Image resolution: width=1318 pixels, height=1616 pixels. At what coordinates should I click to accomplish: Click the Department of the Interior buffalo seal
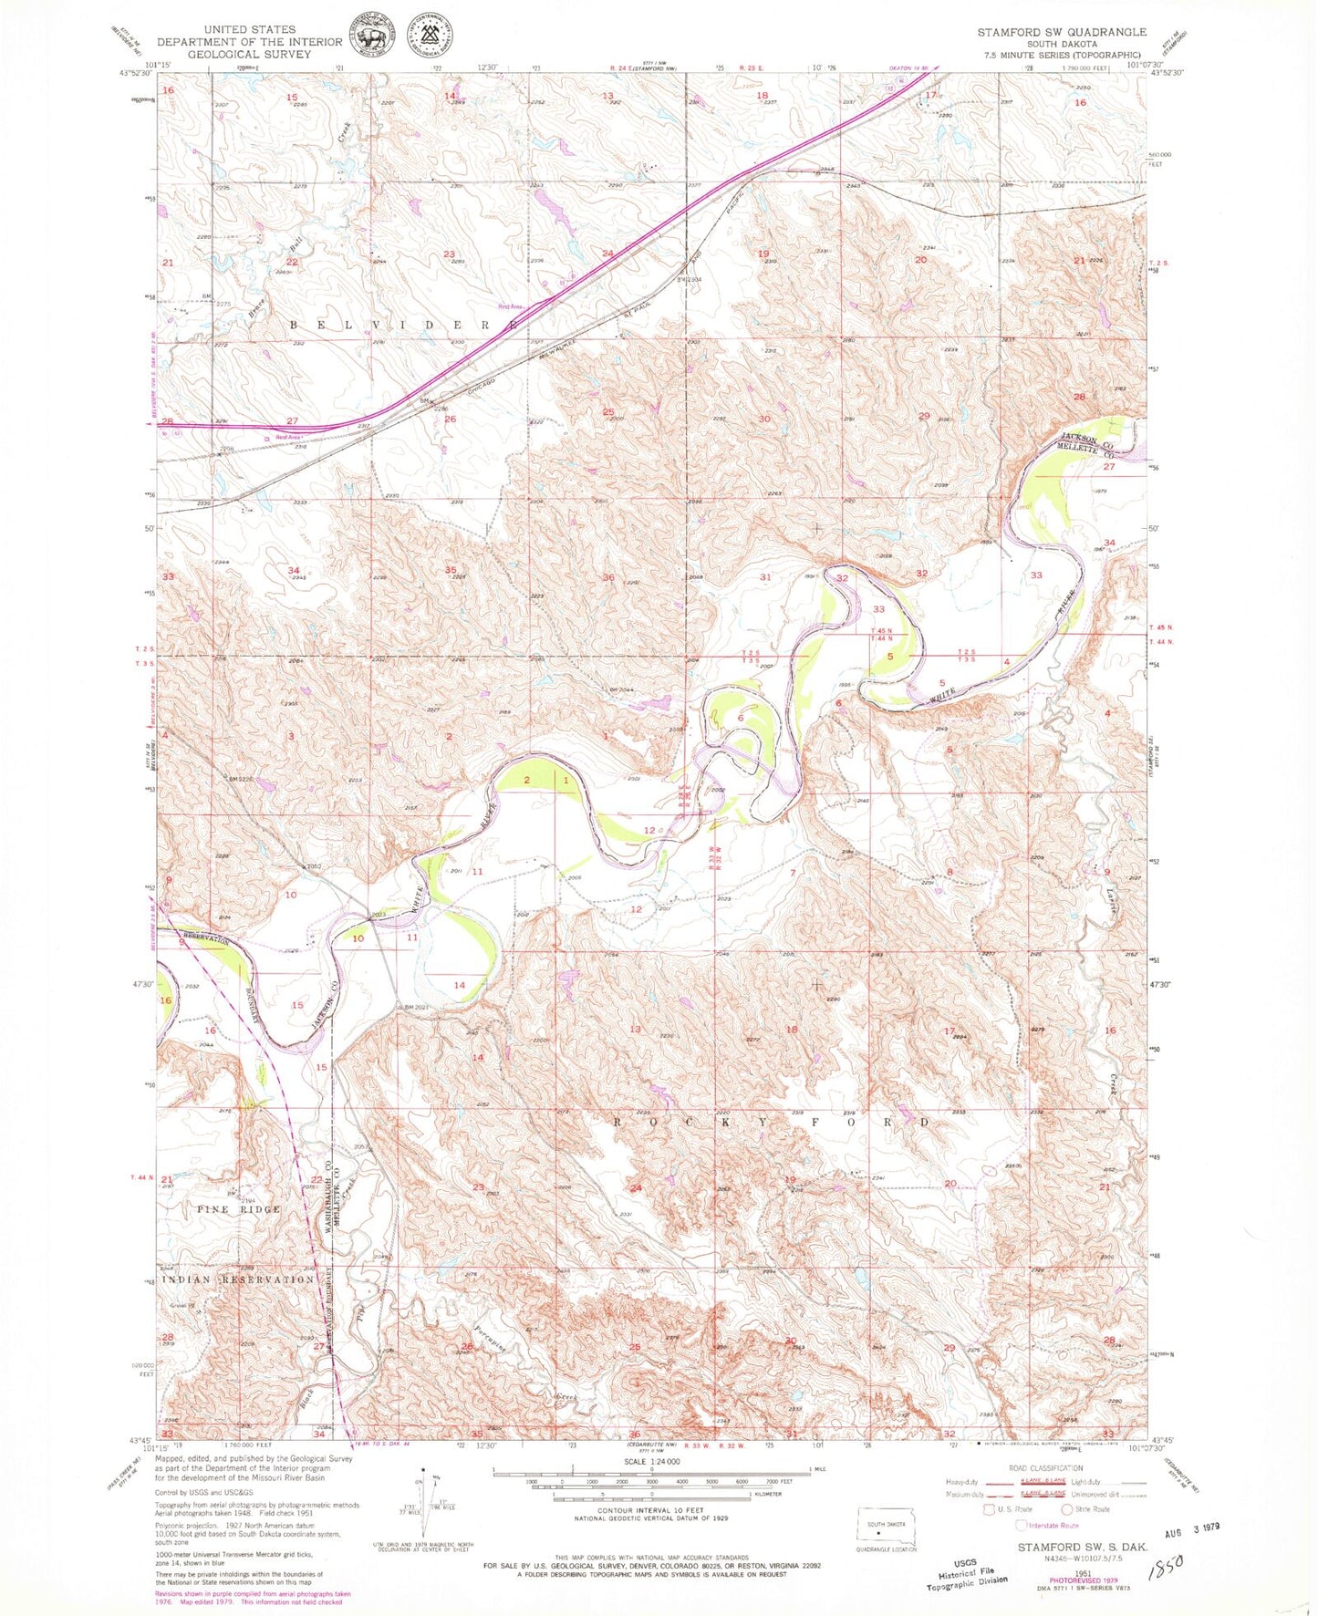click(369, 41)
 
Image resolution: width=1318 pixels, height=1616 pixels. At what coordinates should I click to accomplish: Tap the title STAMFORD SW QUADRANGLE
click(1062, 32)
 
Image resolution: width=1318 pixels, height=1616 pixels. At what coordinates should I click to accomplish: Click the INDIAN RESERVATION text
click(238, 1279)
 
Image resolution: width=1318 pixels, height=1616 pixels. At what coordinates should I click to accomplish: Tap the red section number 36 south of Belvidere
click(608, 577)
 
